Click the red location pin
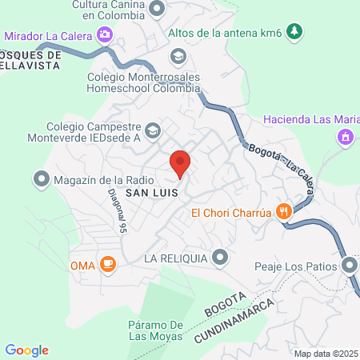(181, 163)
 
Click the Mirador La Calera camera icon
(104, 35)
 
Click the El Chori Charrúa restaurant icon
(283, 212)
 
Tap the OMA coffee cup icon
(107, 263)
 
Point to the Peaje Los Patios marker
(349, 265)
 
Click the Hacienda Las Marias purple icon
(346, 137)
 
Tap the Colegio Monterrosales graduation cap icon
(177, 56)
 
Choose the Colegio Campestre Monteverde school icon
(152, 129)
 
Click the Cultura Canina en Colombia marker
(158, 10)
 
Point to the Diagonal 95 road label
(119, 216)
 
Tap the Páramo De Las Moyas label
(158, 330)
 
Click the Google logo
(26, 350)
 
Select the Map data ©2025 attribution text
(326, 353)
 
